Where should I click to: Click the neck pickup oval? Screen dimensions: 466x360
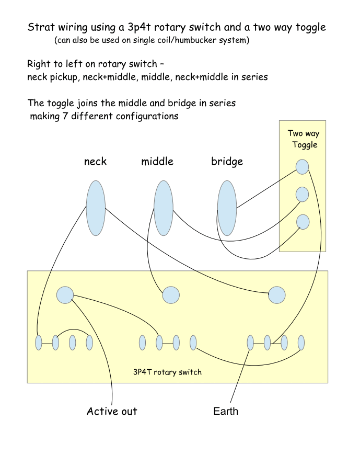tap(96, 208)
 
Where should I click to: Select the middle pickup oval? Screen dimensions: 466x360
tap(164, 208)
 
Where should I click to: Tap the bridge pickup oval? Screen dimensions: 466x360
tap(227, 208)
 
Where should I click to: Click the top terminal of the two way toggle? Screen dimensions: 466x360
tap(303, 167)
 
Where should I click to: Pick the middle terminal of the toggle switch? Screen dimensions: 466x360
tap(303, 195)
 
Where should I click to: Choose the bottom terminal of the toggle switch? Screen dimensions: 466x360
tap(303, 222)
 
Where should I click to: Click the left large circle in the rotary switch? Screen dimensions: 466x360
tap(65, 295)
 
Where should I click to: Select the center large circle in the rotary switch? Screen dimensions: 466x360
tap(171, 295)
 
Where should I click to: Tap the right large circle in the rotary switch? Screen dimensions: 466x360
tap(277, 295)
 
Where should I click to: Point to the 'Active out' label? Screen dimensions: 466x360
tap(112, 411)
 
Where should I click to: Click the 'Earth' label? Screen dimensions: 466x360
tap(226, 411)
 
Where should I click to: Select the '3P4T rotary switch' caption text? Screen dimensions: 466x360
tap(167, 372)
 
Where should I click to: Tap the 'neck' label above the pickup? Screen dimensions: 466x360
tap(95, 161)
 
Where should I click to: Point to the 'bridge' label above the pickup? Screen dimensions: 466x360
tap(227, 161)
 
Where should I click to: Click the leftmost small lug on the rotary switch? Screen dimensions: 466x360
tap(39, 343)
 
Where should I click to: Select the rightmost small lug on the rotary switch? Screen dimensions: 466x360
tap(301, 343)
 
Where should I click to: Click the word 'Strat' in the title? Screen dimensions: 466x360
tap(40, 28)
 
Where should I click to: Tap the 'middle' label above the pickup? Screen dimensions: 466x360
tap(157, 161)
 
